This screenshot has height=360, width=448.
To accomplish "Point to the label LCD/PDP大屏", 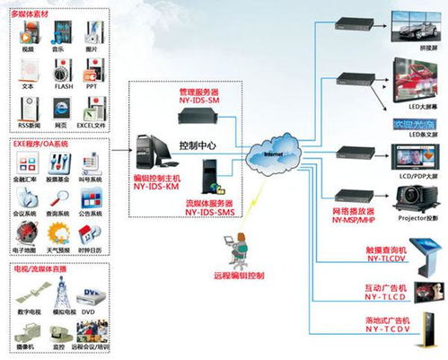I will pyautogui.click(x=409, y=177).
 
